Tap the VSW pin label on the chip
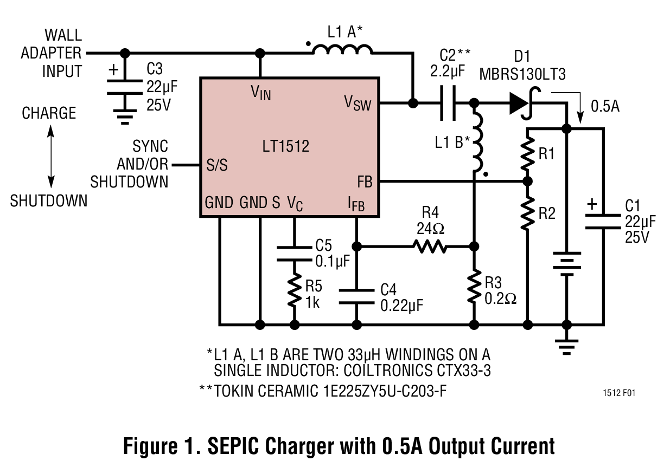358,102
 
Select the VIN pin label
260,93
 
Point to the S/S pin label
217,165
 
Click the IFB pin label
356,204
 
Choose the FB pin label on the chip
365,182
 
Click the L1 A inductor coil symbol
342,50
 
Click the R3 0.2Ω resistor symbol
474,286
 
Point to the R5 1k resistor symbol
295,291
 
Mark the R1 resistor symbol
526,154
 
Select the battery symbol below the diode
566,264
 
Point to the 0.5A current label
605,106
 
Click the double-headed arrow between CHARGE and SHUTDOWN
50,157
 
